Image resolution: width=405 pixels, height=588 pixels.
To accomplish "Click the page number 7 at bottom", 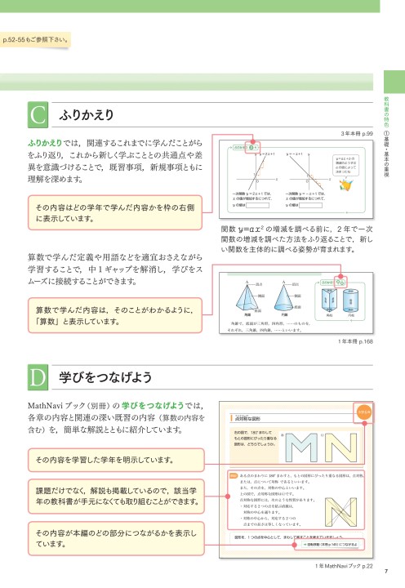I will [384, 570].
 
